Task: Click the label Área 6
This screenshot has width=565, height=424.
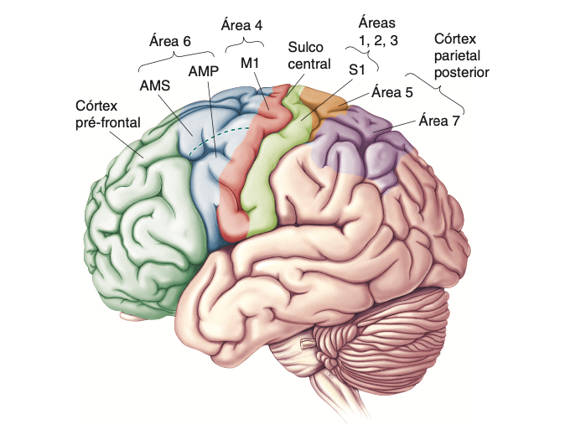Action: [x=170, y=39]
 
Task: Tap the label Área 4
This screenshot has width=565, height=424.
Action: [x=241, y=24]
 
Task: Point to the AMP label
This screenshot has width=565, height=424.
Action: [x=205, y=71]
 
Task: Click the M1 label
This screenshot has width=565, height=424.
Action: [x=250, y=63]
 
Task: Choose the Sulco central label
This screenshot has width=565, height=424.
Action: [x=310, y=55]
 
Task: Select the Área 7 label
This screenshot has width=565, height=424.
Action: [x=439, y=121]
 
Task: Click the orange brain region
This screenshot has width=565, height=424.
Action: [x=328, y=104]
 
